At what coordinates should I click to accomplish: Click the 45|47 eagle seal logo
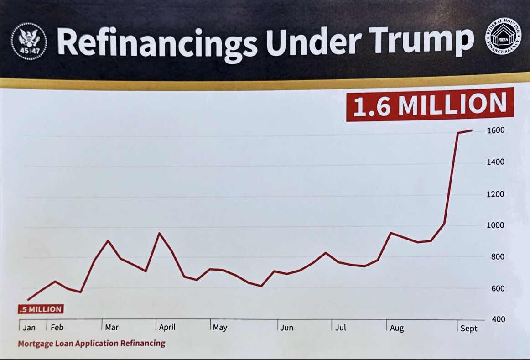click(x=29, y=42)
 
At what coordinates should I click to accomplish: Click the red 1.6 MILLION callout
click(x=430, y=105)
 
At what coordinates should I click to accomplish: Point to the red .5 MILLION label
click(x=41, y=309)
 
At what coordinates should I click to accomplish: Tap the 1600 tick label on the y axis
click(x=495, y=130)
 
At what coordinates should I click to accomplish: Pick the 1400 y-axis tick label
click(x=495, y=162)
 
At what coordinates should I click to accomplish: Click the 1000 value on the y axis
click(x=495, y=225)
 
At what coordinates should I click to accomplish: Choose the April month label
click(x=167, y=327)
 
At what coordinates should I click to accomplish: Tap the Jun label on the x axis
click(x=286, y=328)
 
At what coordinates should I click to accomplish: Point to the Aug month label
click(x=396, y=328)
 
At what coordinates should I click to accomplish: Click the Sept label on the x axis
click(x=468, y=329)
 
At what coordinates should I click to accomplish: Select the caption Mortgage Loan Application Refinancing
click(x=91, y=343)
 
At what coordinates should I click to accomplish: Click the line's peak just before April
click(x=159, y=233)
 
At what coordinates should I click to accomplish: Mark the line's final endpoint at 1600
click(x=472, y=130)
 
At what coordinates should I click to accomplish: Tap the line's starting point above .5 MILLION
click(x=28, y=300)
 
